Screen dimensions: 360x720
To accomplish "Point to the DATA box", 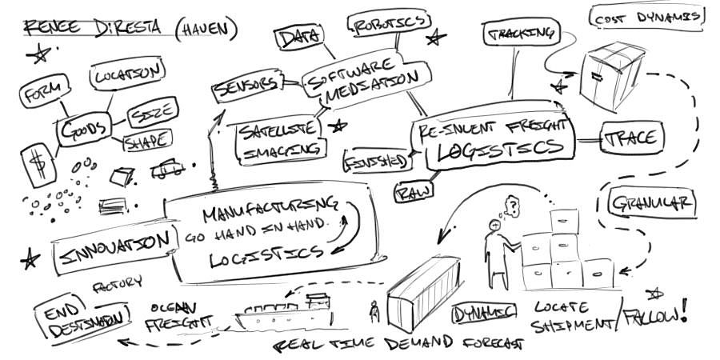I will tap(298, 36).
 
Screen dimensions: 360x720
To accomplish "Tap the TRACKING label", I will tap(520, 34).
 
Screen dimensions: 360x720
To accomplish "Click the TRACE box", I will tap(632, 137).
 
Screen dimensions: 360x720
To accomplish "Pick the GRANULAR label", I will tap(652, 203).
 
